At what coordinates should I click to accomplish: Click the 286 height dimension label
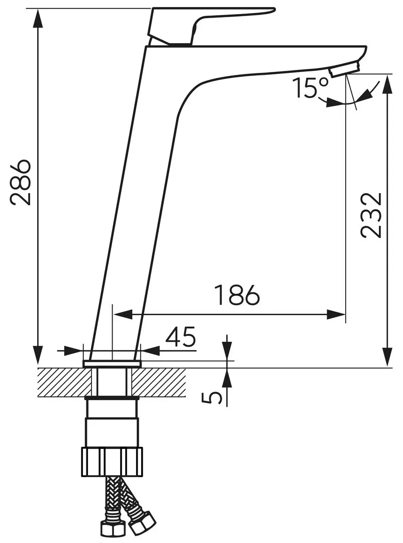[20, 183]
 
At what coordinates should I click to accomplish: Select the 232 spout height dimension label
[371, 215]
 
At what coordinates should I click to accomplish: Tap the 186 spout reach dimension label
[237, 295]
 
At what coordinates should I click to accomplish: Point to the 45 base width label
[180, 336]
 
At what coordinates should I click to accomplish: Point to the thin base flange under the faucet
[112, 363]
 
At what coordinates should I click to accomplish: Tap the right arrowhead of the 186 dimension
[336, 315]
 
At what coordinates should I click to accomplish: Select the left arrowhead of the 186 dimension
[123, 315]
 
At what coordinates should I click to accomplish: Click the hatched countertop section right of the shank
[160, 382]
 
